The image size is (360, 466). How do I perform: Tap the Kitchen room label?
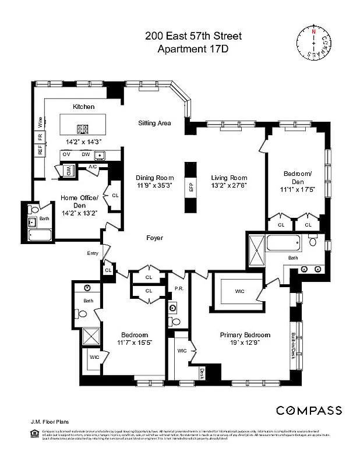(83, 107)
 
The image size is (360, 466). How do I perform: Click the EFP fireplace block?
(190, 188)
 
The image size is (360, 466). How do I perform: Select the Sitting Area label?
(154, 123)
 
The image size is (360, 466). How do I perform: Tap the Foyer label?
(154, 238)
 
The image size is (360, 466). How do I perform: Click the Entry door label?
(92, 253)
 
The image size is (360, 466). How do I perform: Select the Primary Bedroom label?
(245, 335)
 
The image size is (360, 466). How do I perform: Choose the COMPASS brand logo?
(309, 410)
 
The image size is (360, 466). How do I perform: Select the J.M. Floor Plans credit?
(47, 420)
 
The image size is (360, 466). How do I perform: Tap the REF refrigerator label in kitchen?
(40, 150)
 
